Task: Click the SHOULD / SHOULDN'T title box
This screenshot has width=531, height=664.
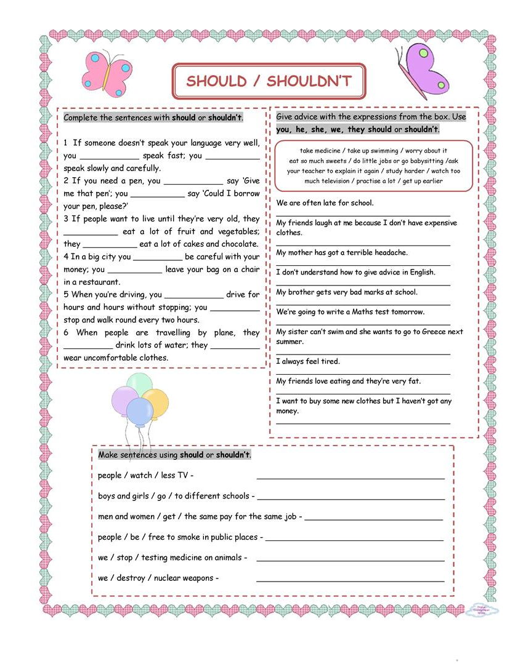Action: point(269,81)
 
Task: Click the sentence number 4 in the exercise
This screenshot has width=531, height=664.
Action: point(66,257)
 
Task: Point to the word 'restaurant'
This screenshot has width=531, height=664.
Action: point(99,282)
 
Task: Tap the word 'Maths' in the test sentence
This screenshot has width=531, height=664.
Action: point(357,312)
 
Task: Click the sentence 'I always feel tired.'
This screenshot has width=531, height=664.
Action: point(308,362)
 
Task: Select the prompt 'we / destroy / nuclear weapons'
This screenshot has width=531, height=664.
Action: point(158,578)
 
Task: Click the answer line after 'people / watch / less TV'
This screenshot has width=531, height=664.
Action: point(350,478)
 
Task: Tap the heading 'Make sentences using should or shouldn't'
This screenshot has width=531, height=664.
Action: point(174,455)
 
